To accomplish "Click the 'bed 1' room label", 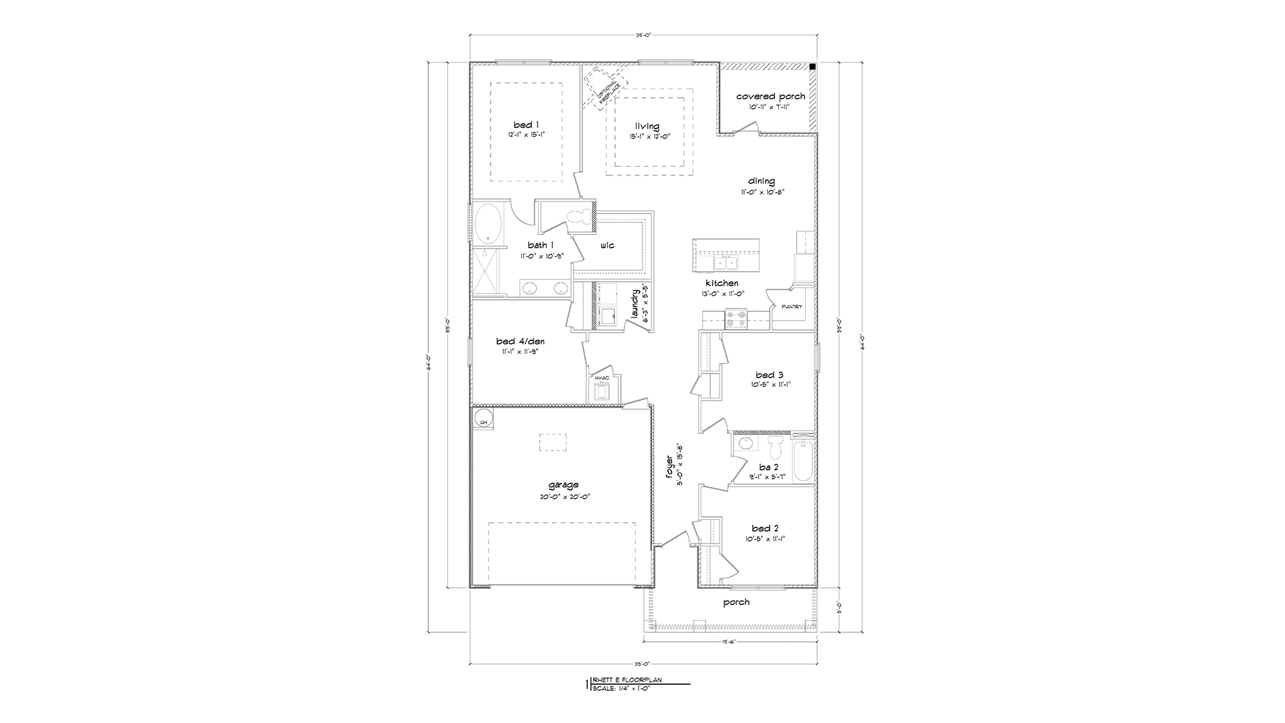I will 523,125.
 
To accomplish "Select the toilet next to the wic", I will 580,218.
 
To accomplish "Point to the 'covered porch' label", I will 770,96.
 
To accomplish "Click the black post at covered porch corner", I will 812,67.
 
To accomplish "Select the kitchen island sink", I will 723,262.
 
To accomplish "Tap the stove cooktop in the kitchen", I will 737,319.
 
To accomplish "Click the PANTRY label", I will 792,307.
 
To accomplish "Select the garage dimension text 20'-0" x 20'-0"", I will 563,497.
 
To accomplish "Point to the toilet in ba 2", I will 776,447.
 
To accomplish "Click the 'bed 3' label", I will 770,375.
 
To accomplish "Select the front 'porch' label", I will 736,602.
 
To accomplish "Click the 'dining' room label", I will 762,181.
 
